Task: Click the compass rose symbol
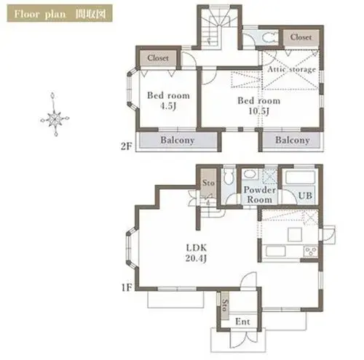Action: tap(55, 118)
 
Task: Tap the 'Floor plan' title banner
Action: tap(60, 13)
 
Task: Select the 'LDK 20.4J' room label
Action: tap(197, 253)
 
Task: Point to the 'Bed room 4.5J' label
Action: tap(168, 100)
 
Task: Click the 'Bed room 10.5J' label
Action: tap(259, 105)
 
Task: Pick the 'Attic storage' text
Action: tap(292, 69)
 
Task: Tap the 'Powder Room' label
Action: tap(260, 195)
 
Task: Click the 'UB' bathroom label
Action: tap(305, 196)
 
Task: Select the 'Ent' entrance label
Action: tap(242, 321)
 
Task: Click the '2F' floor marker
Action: tap(127, 146)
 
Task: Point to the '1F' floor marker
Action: tap(127, 287)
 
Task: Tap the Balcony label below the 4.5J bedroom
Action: tap(178, 140)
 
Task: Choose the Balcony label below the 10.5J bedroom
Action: tap(293, 140)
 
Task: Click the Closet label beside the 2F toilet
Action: tap(301, 37)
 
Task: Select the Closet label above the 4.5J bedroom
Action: tap(158, 58)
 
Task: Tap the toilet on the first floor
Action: tap(229, 176)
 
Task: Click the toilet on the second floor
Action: tap(269, 38)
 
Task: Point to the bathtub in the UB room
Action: tap(300, 177)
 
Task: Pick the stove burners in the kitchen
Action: tap(311, 252)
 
